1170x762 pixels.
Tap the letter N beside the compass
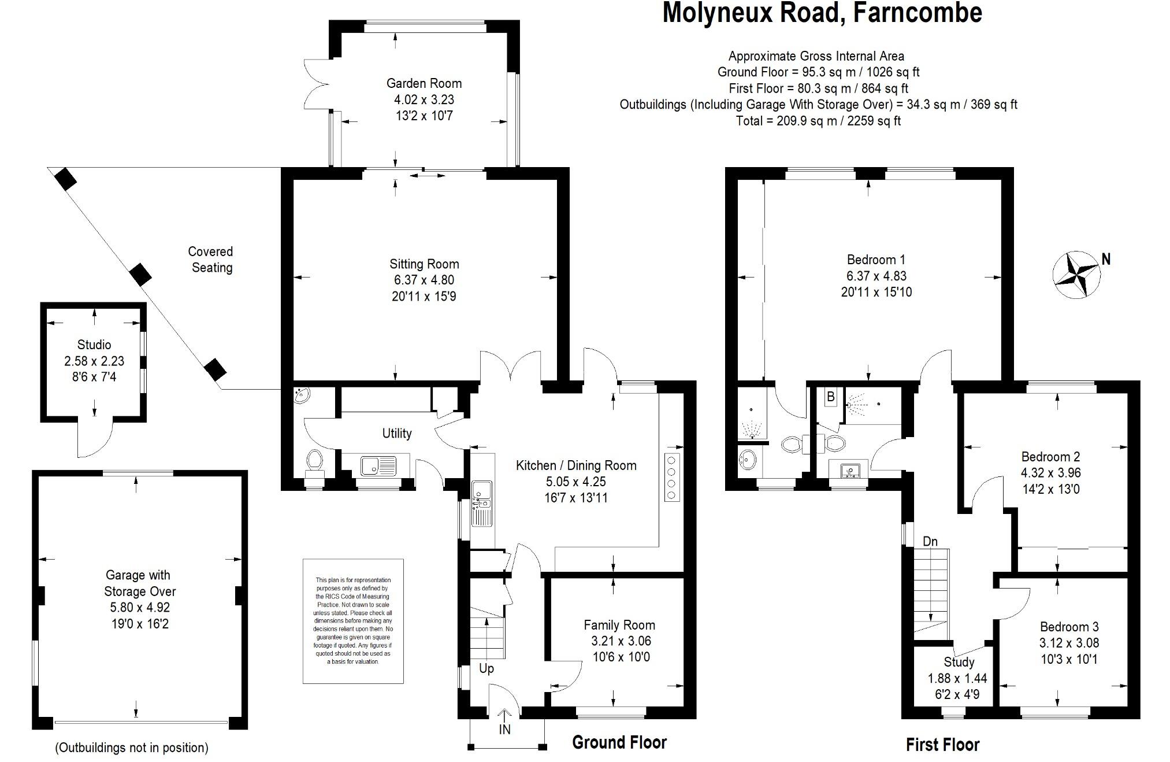(1106, 259)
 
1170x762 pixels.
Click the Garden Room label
(424, 83)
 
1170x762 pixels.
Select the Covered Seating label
(211, 260)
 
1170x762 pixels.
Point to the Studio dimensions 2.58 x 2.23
(94, 361)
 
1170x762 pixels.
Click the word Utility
(397, 433)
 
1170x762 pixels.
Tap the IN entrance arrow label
(504, 730)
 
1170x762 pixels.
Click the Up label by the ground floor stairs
(486, 668)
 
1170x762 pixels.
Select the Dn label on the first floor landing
(930, 542)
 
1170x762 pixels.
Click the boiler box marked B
(831, 397)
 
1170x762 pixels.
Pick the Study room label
(959, 662)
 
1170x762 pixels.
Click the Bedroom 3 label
(1069, 627)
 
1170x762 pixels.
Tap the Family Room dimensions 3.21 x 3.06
(621, 641)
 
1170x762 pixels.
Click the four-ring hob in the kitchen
(671, 478)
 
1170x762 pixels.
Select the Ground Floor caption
(619, 742)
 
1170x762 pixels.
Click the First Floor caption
(942, 745)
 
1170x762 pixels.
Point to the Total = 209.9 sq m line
(818, 121)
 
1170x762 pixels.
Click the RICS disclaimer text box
(353, 621)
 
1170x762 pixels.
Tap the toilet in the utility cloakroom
(315, 460)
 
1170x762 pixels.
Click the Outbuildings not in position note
(132, 748)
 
